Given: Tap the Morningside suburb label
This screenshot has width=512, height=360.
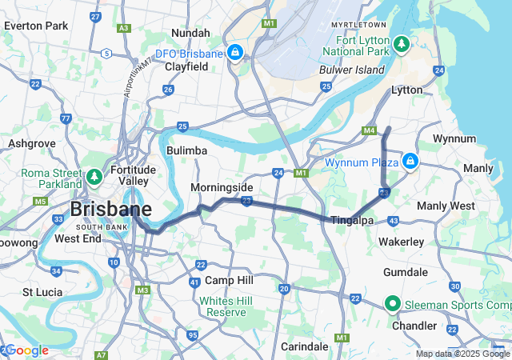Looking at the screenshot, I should point(222,187).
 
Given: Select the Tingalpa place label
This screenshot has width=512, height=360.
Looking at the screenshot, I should point(353,220).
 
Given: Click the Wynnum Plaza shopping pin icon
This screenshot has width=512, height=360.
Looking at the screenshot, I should point(410,162).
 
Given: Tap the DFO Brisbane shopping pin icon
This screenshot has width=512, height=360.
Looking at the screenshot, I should point(234,53).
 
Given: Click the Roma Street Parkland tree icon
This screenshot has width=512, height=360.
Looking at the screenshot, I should point(94,175).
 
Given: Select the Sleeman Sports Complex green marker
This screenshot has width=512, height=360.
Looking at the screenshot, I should point(392,304).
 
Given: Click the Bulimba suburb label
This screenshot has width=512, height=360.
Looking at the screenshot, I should point(187,150).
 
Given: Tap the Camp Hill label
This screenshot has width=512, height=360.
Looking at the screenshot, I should point(229,280).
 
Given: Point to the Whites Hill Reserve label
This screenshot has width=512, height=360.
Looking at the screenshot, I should point(226,306).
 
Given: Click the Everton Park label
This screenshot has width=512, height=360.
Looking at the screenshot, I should point(36,26).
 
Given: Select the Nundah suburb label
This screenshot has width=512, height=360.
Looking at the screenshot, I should point(190,33).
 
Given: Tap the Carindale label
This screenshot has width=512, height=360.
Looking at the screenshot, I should point(305,346).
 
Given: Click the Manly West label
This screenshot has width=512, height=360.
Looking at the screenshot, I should point(446,206).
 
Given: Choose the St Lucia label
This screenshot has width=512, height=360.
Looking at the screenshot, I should point(42,292).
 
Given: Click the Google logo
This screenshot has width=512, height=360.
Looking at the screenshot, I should point(26,350).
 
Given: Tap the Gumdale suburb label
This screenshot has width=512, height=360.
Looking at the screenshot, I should point(406,272).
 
